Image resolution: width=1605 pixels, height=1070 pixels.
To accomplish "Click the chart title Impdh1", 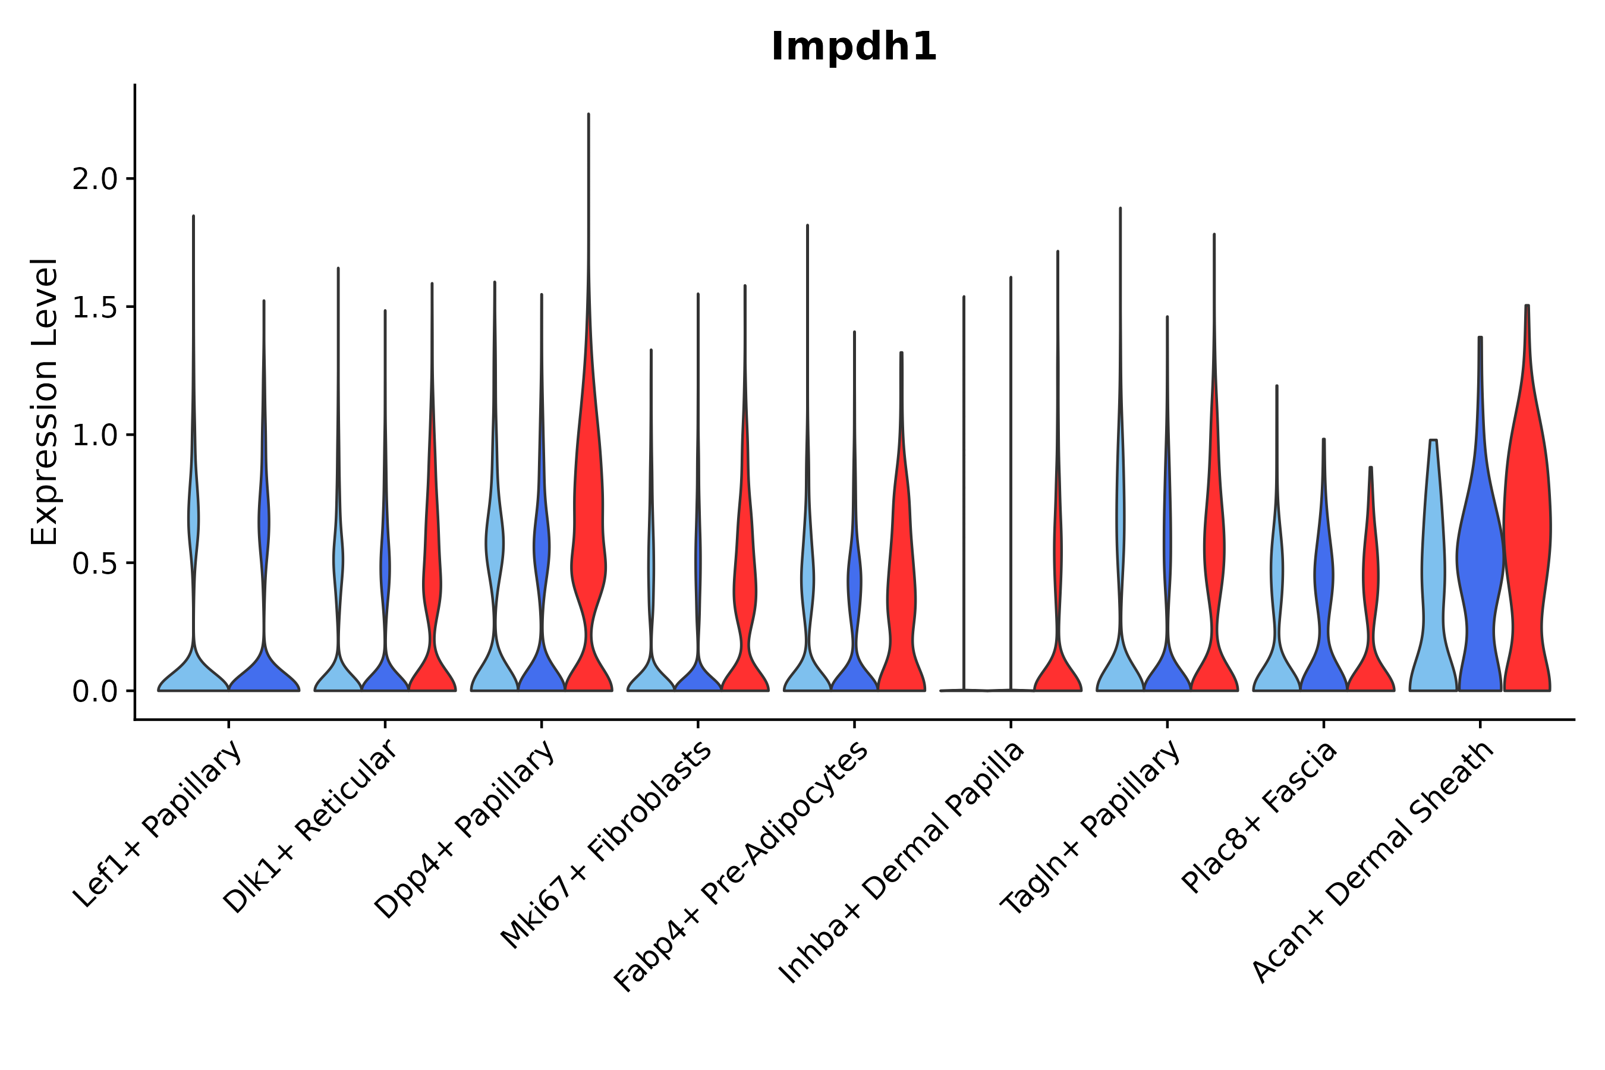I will [854, 48].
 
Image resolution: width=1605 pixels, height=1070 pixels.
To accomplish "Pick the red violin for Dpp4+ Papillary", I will [588, 546].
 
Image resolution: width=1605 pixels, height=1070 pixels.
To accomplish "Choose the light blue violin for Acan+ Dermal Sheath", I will [1433, 580].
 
